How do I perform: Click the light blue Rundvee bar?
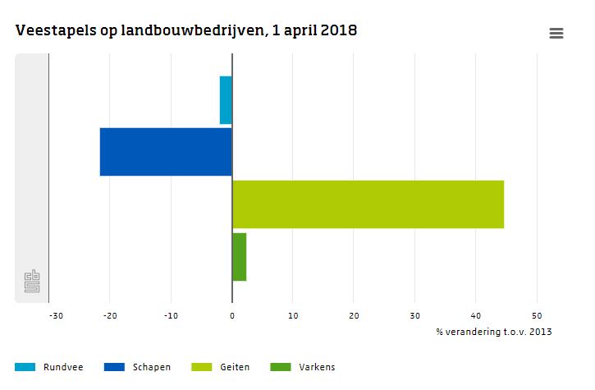click(x=226, y=100)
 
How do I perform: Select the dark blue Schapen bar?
click(x=166, y=152)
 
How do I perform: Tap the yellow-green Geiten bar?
click(x=368, y=204)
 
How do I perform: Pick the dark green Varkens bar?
click(x=239, y=257)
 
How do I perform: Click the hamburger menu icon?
click(x=556, y=33)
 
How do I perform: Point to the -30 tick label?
click(x=55, y=315)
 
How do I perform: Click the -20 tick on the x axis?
click(x=111, y=315)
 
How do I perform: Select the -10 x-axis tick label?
click(x=171, y=315)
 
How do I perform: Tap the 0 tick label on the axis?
click(x=232, y=315)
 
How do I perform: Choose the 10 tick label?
click(x=293, y=315)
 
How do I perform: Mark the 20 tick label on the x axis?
click(x=354, y=315)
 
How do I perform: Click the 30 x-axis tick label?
click(x=414, y=315)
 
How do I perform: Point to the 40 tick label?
click(x=475, y=315)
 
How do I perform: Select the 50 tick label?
click(x=536, y=315)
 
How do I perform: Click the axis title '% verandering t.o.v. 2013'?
click(x=494, y=332)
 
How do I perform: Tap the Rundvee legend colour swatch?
click(x=25, y=367)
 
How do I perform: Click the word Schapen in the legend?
click(x=152, y=367)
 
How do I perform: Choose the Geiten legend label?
click(x=236, y=367)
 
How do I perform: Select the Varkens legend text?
click(x=317, y=367)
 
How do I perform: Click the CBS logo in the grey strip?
click(x=33, y=282)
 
